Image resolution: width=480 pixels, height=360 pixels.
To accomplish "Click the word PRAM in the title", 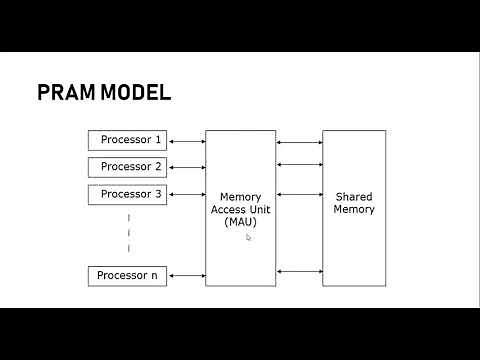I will click(x=67, y=93).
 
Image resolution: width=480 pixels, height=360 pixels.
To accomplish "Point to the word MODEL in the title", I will click(x=136, y=93).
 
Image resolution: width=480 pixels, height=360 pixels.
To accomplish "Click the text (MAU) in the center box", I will click(x=240, y=222).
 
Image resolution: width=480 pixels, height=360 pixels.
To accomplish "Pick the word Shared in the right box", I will click(x=354, y=197).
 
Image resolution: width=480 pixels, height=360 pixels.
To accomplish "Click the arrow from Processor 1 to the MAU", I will click(x=185, y=140).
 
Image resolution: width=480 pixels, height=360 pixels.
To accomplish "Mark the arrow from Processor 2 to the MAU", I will click(x=185, y=167).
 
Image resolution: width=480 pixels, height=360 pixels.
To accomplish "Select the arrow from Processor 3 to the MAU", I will click(x=185, y=194).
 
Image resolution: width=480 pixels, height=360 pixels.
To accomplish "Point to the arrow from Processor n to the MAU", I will click(x=185, y=275).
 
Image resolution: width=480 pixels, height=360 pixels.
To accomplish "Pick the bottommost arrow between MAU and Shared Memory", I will click(x=299, y=271).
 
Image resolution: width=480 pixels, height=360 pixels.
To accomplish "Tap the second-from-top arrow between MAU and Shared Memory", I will click(x=299, y=164).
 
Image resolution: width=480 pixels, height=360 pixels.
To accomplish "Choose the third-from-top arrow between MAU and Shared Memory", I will click(x=299, y=194).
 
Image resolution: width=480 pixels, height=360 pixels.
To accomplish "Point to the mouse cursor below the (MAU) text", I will click(x=248, y=237).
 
